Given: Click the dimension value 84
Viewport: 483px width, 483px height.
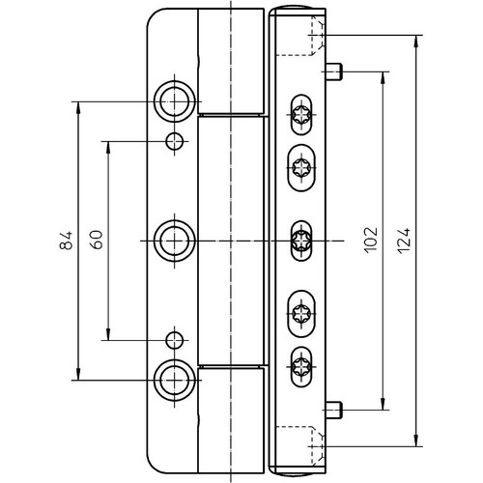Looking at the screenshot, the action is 67,241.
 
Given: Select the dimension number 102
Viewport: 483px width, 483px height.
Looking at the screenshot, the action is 371,240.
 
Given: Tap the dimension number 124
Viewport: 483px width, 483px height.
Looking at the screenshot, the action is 404,241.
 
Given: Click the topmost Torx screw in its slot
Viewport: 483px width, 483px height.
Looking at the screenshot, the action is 301,115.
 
